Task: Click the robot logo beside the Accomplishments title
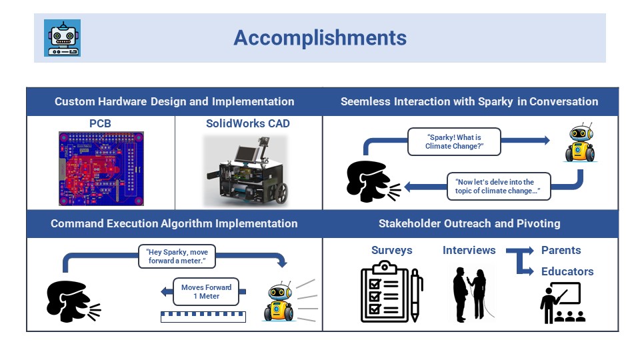[x=63, y=38]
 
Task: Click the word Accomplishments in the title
[x=320, y=38]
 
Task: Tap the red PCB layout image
[x=101, y=168]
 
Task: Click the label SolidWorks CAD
[x=247, y=123]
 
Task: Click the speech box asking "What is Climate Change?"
[x=454, y=141]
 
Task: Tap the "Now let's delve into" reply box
[x=494, y=187]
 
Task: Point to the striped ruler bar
[x=199, y=317]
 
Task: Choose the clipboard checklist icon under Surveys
[x=382, y=292]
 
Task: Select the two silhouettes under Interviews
[x=470, y=293]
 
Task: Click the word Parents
[x=561, y=251]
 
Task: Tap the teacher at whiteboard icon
[x=561, y=303]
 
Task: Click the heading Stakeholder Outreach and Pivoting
[x=469, y=223]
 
